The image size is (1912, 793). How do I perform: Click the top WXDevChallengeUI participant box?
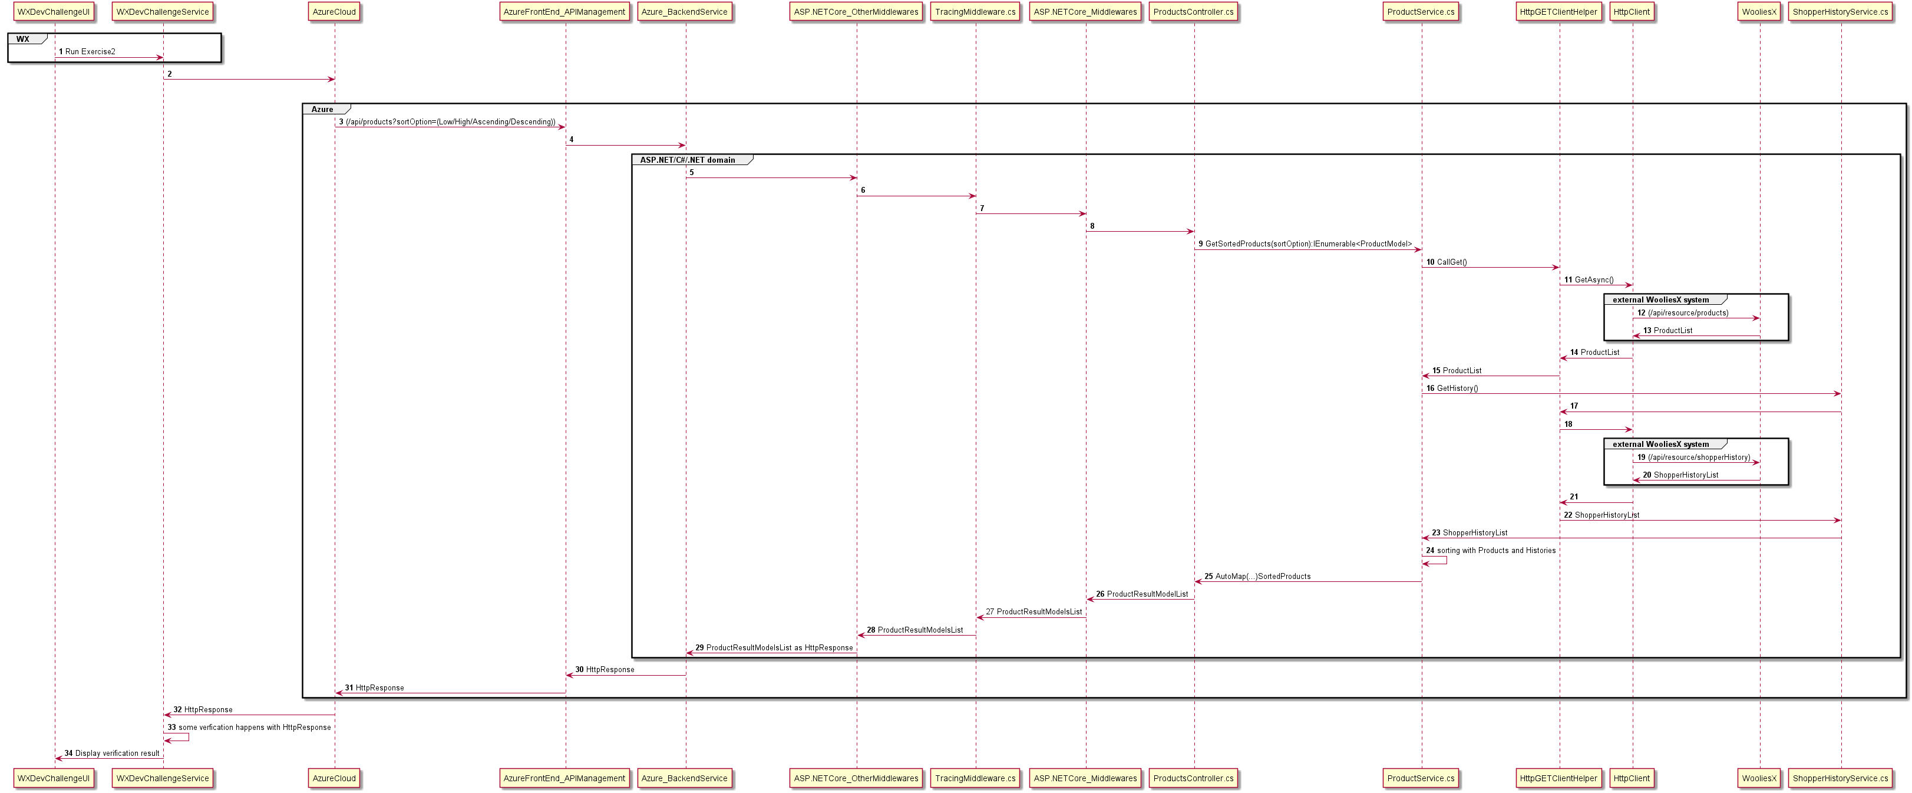[x=54, y=12]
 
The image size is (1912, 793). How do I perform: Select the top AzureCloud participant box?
[x=334, y=12]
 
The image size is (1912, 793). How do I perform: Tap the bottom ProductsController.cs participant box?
[x=1194, y=778]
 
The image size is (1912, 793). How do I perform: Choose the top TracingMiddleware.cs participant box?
[x=975, y=12]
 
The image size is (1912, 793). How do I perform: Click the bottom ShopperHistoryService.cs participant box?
[x=1840, y=778]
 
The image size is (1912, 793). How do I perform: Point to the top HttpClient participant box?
[x=1632, y=12]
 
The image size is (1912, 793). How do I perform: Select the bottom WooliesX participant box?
[x=1759, y=778]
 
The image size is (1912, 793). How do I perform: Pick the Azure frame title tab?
[x=322, y=109]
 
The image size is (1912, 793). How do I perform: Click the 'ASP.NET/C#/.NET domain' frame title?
[x=687, y=160]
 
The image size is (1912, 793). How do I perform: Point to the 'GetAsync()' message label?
[x=1594, y=280]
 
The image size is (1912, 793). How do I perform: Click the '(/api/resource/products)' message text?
[x=1688, y=312]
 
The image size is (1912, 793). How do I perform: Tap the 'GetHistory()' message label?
[x=1457, y=389]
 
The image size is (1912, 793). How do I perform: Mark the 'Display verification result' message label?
[x=117, y=753]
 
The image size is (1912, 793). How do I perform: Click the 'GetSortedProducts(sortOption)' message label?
[x=1309, y=244]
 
